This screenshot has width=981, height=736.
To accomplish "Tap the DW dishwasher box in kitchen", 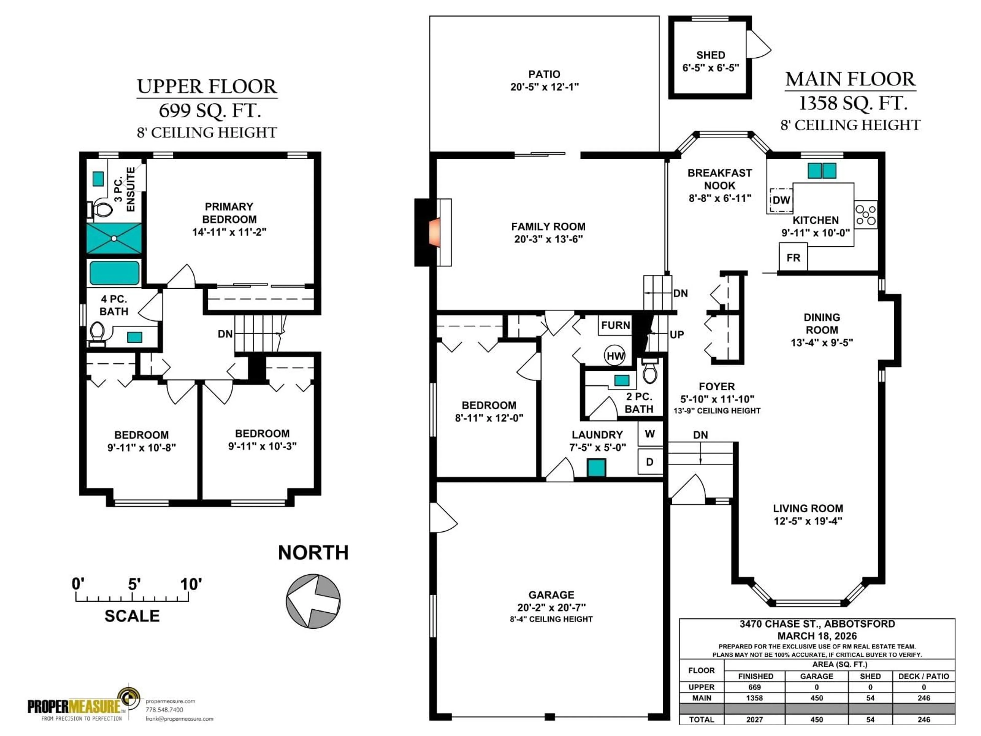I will [x=781, y=200].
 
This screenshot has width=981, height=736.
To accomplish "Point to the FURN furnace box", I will [x=615, y=325].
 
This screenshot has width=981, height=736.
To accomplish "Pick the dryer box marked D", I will [x=650, y=462].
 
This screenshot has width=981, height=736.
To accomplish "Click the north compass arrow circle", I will [x=313, y=601].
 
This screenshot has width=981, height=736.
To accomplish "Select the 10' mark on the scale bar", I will [x=191, y=585].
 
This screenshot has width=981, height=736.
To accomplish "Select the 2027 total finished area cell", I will [x=754, y=719].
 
